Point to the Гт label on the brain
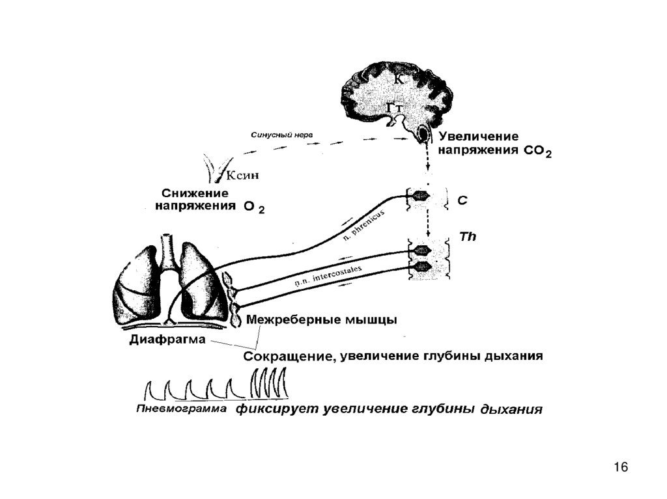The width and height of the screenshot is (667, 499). (x=395, y=107)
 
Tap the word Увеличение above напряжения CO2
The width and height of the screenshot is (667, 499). (x=478, y=137)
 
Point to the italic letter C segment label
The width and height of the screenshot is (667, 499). (x=462, y=202)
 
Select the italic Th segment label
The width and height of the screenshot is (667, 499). (x=468, y=237)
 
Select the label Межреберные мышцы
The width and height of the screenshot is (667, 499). (x=322, y=320)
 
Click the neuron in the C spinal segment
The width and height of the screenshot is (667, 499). (x=420, y=195)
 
